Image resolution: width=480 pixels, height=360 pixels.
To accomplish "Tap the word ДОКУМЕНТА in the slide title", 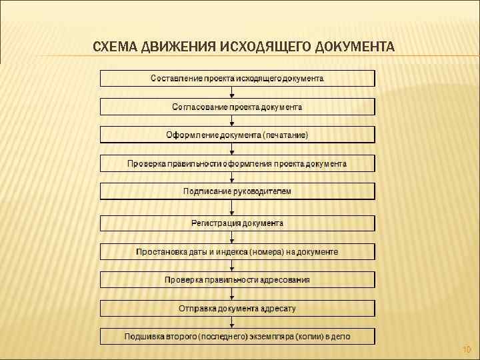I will coord(355,47).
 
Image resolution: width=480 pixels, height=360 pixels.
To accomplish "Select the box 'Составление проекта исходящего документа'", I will coord(237,79).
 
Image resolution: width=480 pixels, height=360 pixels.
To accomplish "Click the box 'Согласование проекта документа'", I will coord(237,107).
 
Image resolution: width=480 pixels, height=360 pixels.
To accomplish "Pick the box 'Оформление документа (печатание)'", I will coord(237,135).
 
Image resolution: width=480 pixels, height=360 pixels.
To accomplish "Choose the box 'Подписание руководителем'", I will coord(237,191).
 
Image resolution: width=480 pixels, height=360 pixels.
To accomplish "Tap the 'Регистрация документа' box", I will coord(237,223).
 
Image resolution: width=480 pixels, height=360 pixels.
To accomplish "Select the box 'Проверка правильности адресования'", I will coord(237,279).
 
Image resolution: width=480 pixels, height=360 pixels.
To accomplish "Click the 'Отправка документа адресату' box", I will coord(237,308).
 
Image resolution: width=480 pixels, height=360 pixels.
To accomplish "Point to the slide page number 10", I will coord(466,349).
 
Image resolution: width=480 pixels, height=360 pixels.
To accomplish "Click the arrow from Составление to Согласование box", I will coord(231,93).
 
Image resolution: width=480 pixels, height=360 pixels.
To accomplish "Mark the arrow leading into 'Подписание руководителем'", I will coord(231,177).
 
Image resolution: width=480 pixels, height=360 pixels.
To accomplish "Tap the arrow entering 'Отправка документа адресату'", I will coord(231,294).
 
